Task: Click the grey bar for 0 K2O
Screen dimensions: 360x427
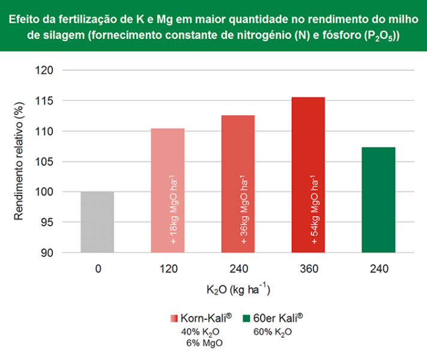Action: pyautogui.click(x=97, y=222)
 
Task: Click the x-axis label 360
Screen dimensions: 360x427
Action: pyautogui.click(x=308, y=269)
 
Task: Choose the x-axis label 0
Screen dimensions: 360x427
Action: pyautogui.click(x=97, y=269)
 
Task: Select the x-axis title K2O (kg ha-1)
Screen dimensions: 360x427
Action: pyautogui.click(x=238, y=290)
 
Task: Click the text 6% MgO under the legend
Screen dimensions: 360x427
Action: pyautogui.click(x=198, y=343)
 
